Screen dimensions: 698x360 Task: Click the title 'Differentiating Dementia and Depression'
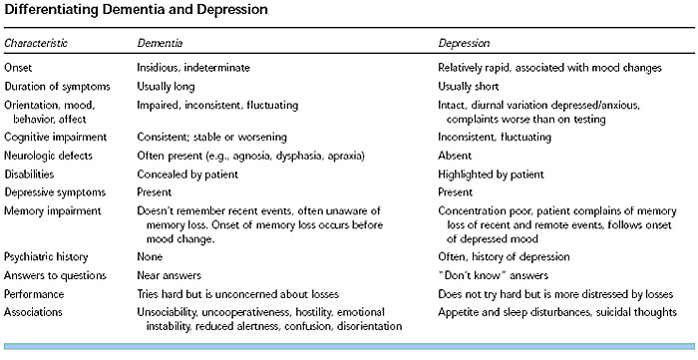click(136, 10)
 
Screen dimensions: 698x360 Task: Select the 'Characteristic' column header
click(36, 43)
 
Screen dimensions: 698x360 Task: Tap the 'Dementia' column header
click(160, 43)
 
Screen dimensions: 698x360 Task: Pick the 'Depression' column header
click(464, 43)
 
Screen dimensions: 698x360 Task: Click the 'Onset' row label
click(18, 68)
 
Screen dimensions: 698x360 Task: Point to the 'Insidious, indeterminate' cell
click(193, 68)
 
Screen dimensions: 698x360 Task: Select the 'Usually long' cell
click(166, 87)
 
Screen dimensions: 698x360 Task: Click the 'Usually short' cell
click(469, 87)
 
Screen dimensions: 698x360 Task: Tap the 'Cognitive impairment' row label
click(55, 137)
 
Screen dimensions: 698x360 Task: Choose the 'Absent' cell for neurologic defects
click(455, 156)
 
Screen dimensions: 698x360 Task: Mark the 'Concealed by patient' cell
click(187, 174)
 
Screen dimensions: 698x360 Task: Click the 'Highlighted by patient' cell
click(491, 174)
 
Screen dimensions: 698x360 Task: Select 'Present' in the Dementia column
click(154, 192)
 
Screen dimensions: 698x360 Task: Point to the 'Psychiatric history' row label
click(46, 257)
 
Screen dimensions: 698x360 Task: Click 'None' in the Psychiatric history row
click(150, 256)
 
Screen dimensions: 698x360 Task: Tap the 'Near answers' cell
click(169, 275)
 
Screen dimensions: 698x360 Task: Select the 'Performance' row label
click(34, 294)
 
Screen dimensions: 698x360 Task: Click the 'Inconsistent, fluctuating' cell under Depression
click(495, 137)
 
